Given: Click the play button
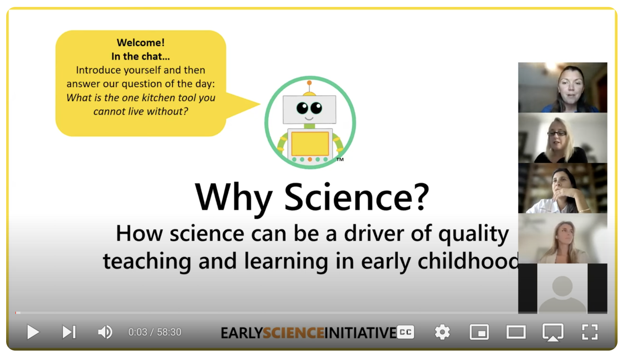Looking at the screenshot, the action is coord(33,332).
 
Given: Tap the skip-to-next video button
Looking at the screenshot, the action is coord(69,332).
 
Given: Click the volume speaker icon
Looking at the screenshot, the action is coord(105,332).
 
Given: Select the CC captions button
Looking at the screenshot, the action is coord(406,332).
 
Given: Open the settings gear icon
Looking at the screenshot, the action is coord(442,332).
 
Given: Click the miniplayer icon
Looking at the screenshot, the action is coord(479,332).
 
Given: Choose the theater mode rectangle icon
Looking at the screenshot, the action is coord(516,332).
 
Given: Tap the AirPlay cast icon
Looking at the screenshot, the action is coord(553,332).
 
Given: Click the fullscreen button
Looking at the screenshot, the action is coord(590,332).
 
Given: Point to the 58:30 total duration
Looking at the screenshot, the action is coord(169,332).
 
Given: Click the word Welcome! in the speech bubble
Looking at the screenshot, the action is coord(141,43).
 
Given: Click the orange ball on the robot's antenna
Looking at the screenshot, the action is coord(310,83).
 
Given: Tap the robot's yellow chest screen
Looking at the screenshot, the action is coord(310,144).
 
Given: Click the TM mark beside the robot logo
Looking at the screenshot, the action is coord(340,160).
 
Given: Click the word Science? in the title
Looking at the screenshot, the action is coord(356,197).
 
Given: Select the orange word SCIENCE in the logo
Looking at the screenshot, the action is coord(293,333).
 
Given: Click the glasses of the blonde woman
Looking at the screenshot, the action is coord(557,133).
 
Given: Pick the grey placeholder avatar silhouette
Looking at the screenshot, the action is coord(562,294).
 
